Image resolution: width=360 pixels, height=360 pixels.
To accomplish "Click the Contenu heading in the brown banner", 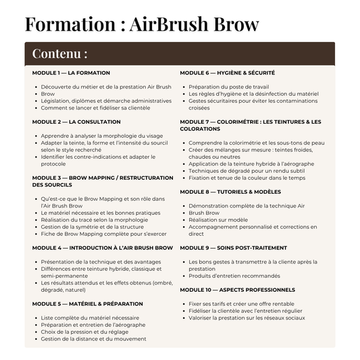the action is pyautogui.click(x=59, y=53).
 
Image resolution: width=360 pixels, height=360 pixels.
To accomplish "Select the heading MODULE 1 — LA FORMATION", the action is pyautogui.click(x=71, y=73).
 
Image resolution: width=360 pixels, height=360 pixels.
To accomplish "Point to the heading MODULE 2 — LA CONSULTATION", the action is pyautogui.click(x=76, y=122).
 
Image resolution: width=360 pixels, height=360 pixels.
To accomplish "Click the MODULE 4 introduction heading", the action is pyautogui.click(x=103, y=248).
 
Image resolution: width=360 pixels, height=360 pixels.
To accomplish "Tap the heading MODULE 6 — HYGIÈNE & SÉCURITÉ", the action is pyautogui.click(x=227, y=73).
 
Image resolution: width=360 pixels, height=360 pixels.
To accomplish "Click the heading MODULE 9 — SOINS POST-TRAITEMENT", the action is pyautogui.click(x=233, y=248).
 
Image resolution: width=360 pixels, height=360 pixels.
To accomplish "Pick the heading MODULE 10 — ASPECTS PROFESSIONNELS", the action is pyautogui.click(x=237, y=290).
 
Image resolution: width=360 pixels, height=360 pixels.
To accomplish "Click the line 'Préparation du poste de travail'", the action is pyautogui.click(x=228, y=87).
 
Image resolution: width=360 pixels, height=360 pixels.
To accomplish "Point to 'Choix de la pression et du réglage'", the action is pyautogui.click(x=84, y=332).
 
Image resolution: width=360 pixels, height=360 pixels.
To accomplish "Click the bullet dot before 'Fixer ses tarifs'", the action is pyautogui.click(x=183, y=304).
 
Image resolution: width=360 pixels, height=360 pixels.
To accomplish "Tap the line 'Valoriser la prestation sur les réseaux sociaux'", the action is pyautogui.click(x=247, y=317).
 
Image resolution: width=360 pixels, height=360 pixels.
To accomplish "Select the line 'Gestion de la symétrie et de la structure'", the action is pyautogui.click(x=91, y=227).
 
